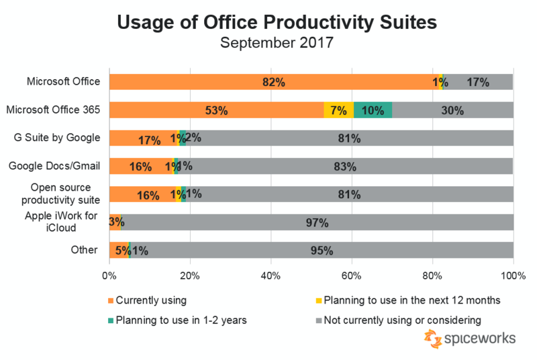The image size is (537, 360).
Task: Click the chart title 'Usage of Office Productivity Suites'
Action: (x=277, y=22)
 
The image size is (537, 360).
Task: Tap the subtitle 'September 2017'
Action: (x=277, y=44)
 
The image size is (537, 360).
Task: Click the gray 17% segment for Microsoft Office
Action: (x=478, y=83)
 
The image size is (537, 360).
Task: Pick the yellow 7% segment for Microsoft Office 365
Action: (x=338, y=110)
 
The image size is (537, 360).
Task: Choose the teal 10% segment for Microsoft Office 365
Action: (x=373, y=110)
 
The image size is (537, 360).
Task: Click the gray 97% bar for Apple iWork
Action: (x=317, y=222)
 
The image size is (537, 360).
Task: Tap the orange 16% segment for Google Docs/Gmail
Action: (x=141, y=166)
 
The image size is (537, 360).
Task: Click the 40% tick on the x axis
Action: (x=271, y=275)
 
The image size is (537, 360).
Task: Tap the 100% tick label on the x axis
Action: (x=514, y=275)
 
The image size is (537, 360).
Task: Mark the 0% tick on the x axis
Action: (x=109, y=275)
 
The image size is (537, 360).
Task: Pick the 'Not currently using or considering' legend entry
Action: (x=400, y=320)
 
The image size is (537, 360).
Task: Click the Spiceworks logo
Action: (x=469, y=339)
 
